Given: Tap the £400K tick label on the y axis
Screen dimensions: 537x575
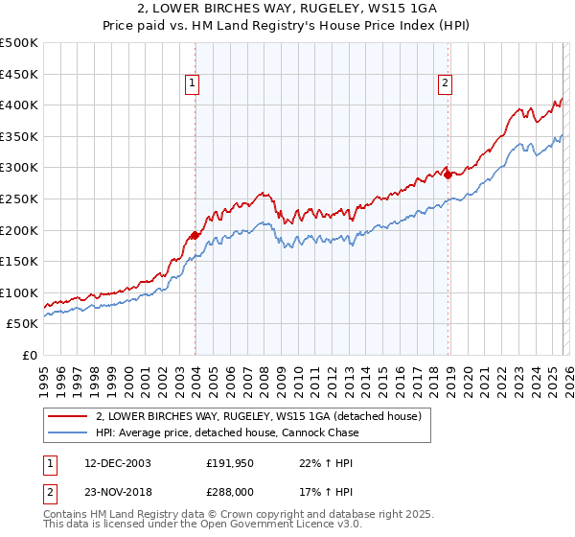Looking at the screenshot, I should point(19,105).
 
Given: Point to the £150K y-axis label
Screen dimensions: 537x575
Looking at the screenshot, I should point(19,261).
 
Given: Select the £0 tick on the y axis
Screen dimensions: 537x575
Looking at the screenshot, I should point(31,355).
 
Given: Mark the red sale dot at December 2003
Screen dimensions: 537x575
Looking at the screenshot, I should point(195,235).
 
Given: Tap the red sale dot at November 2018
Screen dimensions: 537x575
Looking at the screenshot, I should point(448,175).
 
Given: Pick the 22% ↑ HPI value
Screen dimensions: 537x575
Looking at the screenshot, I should point(314,462).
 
